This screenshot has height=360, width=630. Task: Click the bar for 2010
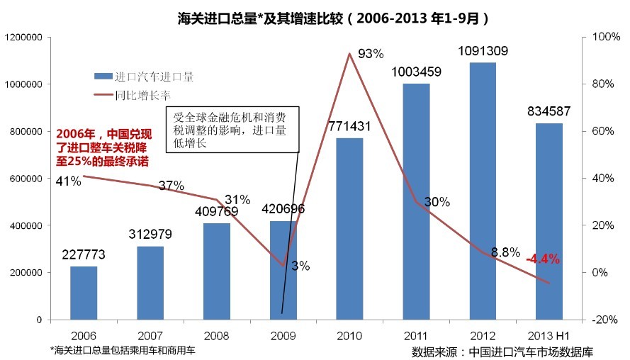click(x=349, y=228)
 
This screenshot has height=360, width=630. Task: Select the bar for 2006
click(x=84, y=292)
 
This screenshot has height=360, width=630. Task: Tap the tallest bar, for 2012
click(x=482, y=191)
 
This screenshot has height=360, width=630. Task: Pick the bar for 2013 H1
click(x=549, y=221)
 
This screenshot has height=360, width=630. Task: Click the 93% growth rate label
click(x=371, y=53)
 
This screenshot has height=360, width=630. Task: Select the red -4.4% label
click(x=543, y=259)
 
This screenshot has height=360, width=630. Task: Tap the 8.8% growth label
click(x=505, y=252)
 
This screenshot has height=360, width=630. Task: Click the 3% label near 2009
click(x=300, y=266)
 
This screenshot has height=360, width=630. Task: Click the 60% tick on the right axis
click(x=601, y=131)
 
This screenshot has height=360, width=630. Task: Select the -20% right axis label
click(x=601, y=320)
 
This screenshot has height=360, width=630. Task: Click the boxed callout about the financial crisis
click(x=232, y=130)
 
